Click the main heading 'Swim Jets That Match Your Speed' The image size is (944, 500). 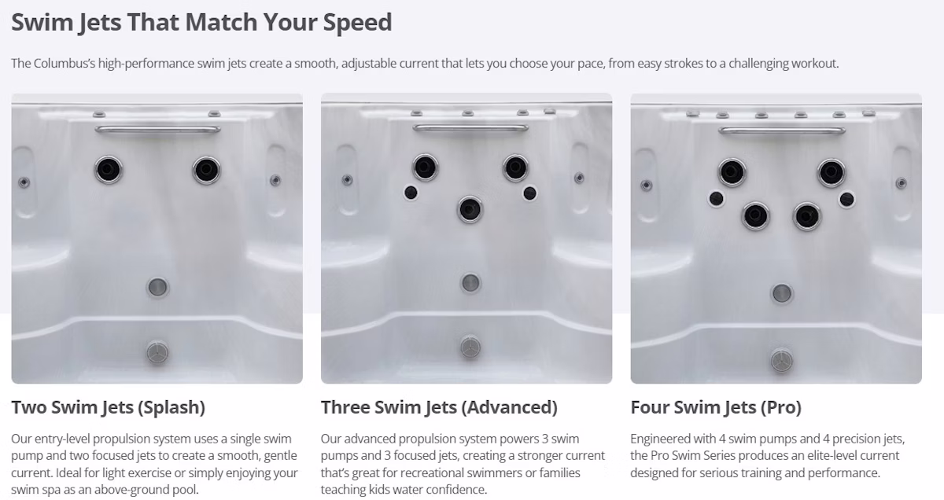201,22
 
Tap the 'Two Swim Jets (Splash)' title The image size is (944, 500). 109,407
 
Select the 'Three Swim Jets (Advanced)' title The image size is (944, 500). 439,407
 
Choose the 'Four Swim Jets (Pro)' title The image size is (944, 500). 716,407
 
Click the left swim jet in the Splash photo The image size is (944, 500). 109,170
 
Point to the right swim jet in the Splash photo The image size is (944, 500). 206,170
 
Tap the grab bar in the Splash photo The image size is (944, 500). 157,129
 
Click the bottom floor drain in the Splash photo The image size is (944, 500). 157,352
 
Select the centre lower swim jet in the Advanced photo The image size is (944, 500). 470,209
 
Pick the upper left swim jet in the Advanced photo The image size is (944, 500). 425,167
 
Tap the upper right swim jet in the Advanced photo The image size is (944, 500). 515,167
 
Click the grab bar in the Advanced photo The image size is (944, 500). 470,127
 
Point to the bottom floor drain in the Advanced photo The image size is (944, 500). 470,347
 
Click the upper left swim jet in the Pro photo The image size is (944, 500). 732,172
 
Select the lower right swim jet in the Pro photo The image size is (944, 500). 806,216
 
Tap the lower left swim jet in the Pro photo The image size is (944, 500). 756,216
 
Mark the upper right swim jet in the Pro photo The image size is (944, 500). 832,172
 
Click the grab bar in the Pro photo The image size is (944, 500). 782,131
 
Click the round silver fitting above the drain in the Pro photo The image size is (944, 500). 782,293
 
